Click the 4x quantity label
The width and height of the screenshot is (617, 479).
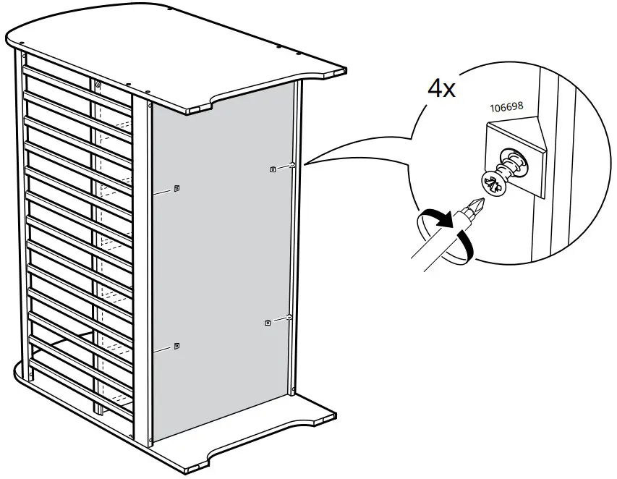point(441,88)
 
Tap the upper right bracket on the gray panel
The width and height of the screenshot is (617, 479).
point(272,169)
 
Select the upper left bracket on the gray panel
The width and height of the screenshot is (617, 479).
point(177,189)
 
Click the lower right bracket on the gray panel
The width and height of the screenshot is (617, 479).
point(268,322)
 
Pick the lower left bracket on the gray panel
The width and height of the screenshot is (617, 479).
point(177,347)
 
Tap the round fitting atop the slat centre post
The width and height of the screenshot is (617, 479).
point(98,85)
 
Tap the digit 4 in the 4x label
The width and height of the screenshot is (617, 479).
point(435,88)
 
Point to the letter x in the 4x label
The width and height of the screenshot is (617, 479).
point(449,91)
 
